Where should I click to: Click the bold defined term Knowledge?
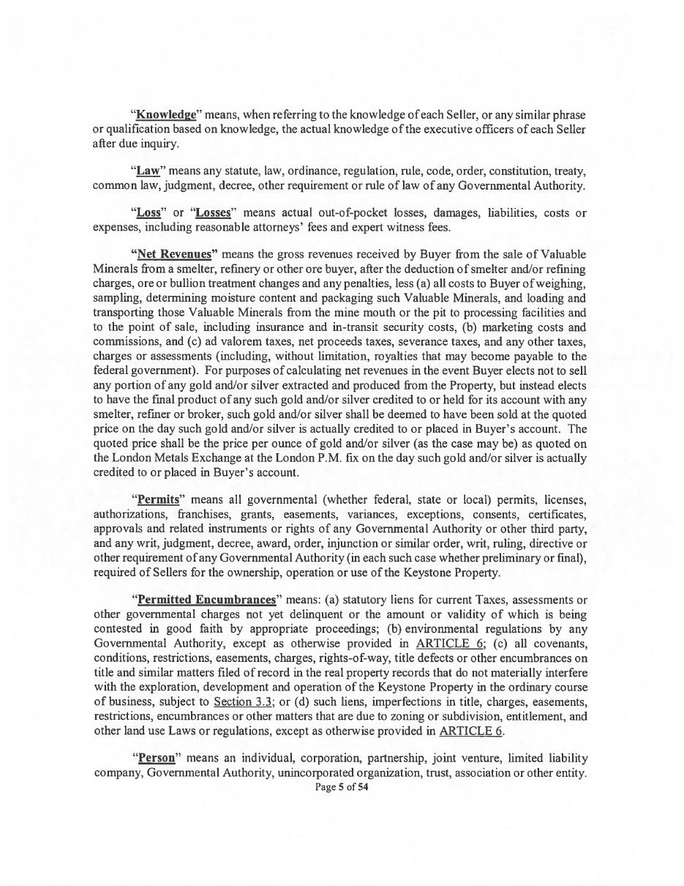(x=166, y=115)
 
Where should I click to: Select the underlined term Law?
(x=149, y=171)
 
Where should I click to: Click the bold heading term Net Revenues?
(x=173, y=254)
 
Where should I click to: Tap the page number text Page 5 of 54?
(x=342, y=787)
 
